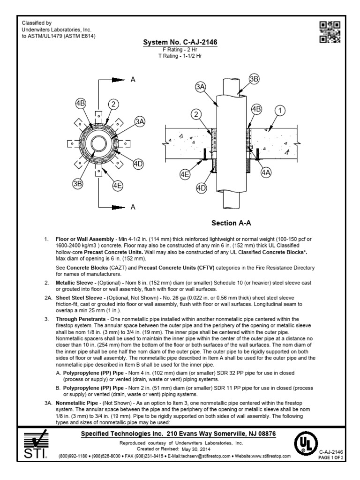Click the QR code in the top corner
[330, 32]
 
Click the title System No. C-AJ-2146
[180, 43]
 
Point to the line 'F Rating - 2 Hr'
[180, 50]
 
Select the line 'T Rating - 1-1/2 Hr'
[180, 56]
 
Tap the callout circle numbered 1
[280, 111]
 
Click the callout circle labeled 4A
[266, 172]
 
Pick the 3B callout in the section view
[254, 79]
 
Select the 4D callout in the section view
[202, 188]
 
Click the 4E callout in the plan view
[117, 185]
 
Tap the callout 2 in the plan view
[113, 104]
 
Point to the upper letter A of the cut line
[133, 80]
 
